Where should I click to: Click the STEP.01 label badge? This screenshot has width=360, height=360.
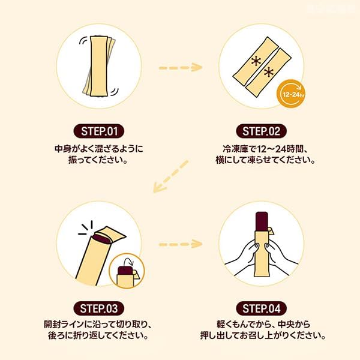99,131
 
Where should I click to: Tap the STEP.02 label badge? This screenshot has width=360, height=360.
261,131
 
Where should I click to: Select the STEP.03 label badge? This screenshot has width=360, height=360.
99,308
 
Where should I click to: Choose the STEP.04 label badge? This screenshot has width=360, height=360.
261,308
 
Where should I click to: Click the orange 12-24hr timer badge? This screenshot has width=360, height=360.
292,94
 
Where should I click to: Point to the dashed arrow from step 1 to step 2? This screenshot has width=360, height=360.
181,67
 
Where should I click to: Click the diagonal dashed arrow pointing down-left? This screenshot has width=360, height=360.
170,176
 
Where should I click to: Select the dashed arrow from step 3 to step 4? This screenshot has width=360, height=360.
181,244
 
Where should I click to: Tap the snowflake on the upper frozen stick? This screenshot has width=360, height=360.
256,62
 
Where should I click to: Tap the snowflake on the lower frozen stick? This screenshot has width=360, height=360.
268,73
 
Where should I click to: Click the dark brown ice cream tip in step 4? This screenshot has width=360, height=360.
262,221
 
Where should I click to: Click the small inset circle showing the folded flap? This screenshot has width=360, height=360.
127,271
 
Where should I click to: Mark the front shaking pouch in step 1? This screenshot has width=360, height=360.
99,66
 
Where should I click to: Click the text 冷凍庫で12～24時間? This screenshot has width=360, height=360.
262,149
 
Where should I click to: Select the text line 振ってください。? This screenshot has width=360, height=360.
98,160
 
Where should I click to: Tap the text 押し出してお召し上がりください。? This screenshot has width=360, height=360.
263,335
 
